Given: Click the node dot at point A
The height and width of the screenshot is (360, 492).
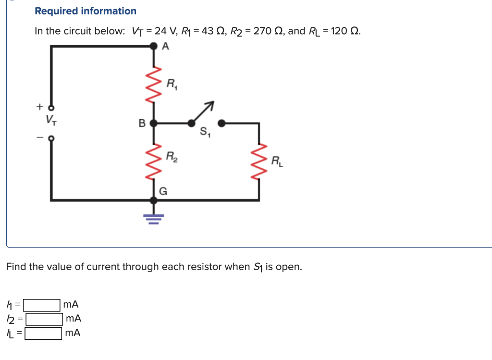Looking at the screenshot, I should point(153,46).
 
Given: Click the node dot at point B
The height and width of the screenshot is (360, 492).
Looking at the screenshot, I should point(153,123).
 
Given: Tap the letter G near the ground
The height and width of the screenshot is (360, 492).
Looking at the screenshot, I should point(163,191).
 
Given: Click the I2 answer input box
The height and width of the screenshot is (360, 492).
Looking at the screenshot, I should point(44,319).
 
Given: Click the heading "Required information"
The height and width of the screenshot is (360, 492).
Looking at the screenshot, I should point(86,11).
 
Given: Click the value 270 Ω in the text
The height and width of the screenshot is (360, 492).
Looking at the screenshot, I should point(268,31).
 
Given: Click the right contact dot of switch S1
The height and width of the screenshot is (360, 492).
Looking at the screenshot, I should point(221,123).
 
